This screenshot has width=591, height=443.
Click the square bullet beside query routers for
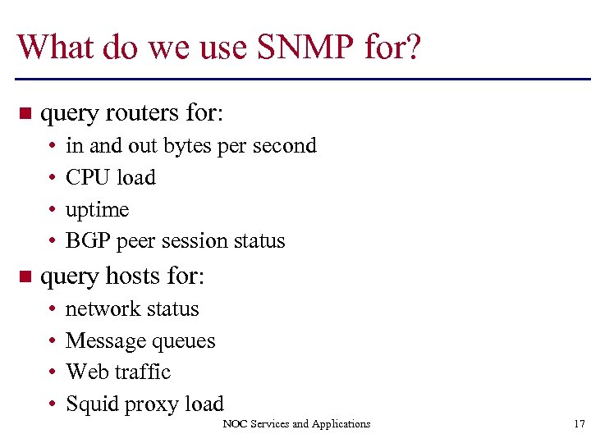(x=24, y=113)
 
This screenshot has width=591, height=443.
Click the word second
(x=282, y=146)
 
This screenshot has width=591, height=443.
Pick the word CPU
(x=85, y=177)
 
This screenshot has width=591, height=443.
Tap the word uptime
(x=97, y=210)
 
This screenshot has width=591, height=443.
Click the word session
(x=197, y=241)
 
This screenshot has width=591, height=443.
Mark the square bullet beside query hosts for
(x=24, y=276)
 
